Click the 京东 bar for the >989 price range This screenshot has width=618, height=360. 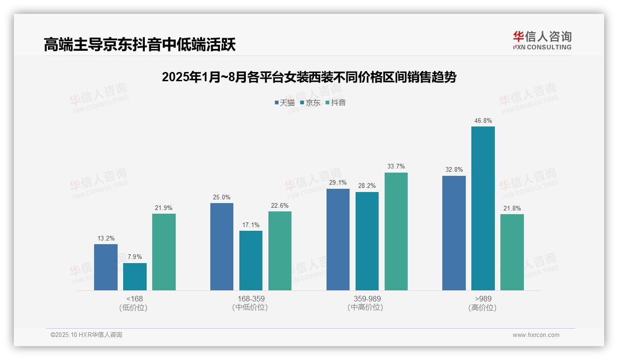483,208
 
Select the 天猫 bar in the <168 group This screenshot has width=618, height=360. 106,267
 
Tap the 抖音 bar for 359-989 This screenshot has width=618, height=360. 396,231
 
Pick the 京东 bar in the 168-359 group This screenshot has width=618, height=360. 251,260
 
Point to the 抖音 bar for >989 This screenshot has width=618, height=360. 512,252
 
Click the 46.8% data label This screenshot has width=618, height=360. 483,121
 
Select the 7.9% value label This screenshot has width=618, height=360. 135,257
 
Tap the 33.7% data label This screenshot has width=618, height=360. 396,167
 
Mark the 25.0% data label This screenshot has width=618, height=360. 222,197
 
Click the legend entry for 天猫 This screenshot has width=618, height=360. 285,103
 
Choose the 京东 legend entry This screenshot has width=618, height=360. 310,103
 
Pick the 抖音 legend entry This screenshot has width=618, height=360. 336,103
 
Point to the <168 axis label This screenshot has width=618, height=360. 135,299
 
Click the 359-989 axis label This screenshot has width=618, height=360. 367,299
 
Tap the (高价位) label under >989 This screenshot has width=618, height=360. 483,308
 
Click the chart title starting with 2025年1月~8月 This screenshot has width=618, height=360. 309,77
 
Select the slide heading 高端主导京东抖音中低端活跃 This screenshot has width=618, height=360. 140,44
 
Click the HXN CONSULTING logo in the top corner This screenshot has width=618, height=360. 542,40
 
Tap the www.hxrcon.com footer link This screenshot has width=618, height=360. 536,335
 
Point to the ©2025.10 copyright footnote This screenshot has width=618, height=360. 86,335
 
